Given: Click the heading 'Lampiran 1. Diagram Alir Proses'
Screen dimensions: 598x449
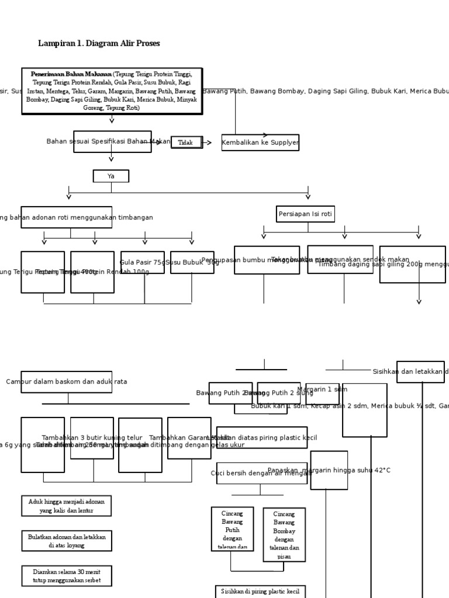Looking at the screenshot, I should coord(99,44).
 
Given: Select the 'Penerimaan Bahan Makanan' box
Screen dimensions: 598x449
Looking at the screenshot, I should coord(112,91).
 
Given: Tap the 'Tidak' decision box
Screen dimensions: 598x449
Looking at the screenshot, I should coord(186,142).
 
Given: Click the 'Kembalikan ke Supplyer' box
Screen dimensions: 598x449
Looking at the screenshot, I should coord(260,142).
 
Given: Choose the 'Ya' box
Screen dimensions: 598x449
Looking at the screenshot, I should coord(111,176).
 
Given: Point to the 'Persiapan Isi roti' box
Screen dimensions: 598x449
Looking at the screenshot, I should coord(305,214).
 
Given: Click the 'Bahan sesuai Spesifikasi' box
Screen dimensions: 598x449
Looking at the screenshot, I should coord(112,141).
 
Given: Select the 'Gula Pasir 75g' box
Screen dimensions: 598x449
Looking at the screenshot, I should coord(142,263).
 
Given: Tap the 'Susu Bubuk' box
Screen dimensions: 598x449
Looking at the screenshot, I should coord(192,263).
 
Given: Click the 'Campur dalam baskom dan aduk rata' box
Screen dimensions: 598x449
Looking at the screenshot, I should coord(66,381).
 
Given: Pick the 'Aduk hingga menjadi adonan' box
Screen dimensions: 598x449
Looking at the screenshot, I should coord(66,506).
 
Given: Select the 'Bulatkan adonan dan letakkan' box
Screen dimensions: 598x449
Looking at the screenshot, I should coord(66,541).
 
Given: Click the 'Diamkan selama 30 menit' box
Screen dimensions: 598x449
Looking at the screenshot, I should coord(66,576).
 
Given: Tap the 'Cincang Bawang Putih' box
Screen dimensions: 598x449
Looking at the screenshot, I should coord(232,529).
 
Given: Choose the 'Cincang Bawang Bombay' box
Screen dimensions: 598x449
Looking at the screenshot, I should coord(284,534).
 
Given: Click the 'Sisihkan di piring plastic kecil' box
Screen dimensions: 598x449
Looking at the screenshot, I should coord(260,591).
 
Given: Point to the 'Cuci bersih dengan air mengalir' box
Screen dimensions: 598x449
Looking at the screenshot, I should coord(261,473).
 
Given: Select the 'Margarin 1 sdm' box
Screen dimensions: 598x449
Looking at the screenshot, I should coord(322,393).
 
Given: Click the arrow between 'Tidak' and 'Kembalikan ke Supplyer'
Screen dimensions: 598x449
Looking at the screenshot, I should coord(208,142).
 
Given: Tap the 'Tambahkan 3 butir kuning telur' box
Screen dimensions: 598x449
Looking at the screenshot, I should coord(92,438).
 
